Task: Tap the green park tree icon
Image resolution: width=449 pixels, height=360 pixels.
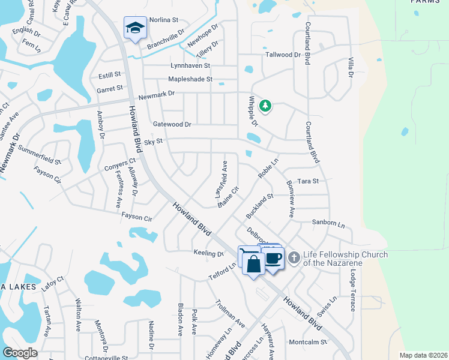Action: tap(265, 106)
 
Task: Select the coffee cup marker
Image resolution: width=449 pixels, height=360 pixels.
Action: tap(274, 259)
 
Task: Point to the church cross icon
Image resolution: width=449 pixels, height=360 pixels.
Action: tap(294, 257)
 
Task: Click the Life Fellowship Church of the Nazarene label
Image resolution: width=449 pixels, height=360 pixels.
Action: tap(345, 259)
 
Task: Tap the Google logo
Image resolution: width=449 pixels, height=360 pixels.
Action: tap(20, 353)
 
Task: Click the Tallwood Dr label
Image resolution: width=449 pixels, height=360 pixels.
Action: tap(283, 55)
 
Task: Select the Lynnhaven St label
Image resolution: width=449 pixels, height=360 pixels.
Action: tap(190, 65)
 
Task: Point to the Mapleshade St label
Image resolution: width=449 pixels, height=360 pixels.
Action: tap(190, 79)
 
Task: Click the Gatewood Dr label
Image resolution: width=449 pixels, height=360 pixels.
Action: tap(172, 124)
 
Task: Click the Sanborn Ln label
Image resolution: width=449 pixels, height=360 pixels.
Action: tap(328, 223)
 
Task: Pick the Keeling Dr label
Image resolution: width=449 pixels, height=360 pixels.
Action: tap(208, 253)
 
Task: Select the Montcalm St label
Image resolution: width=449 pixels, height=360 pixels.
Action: tap(307, 343)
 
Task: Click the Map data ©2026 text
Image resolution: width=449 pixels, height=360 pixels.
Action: tap(423, 355)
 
